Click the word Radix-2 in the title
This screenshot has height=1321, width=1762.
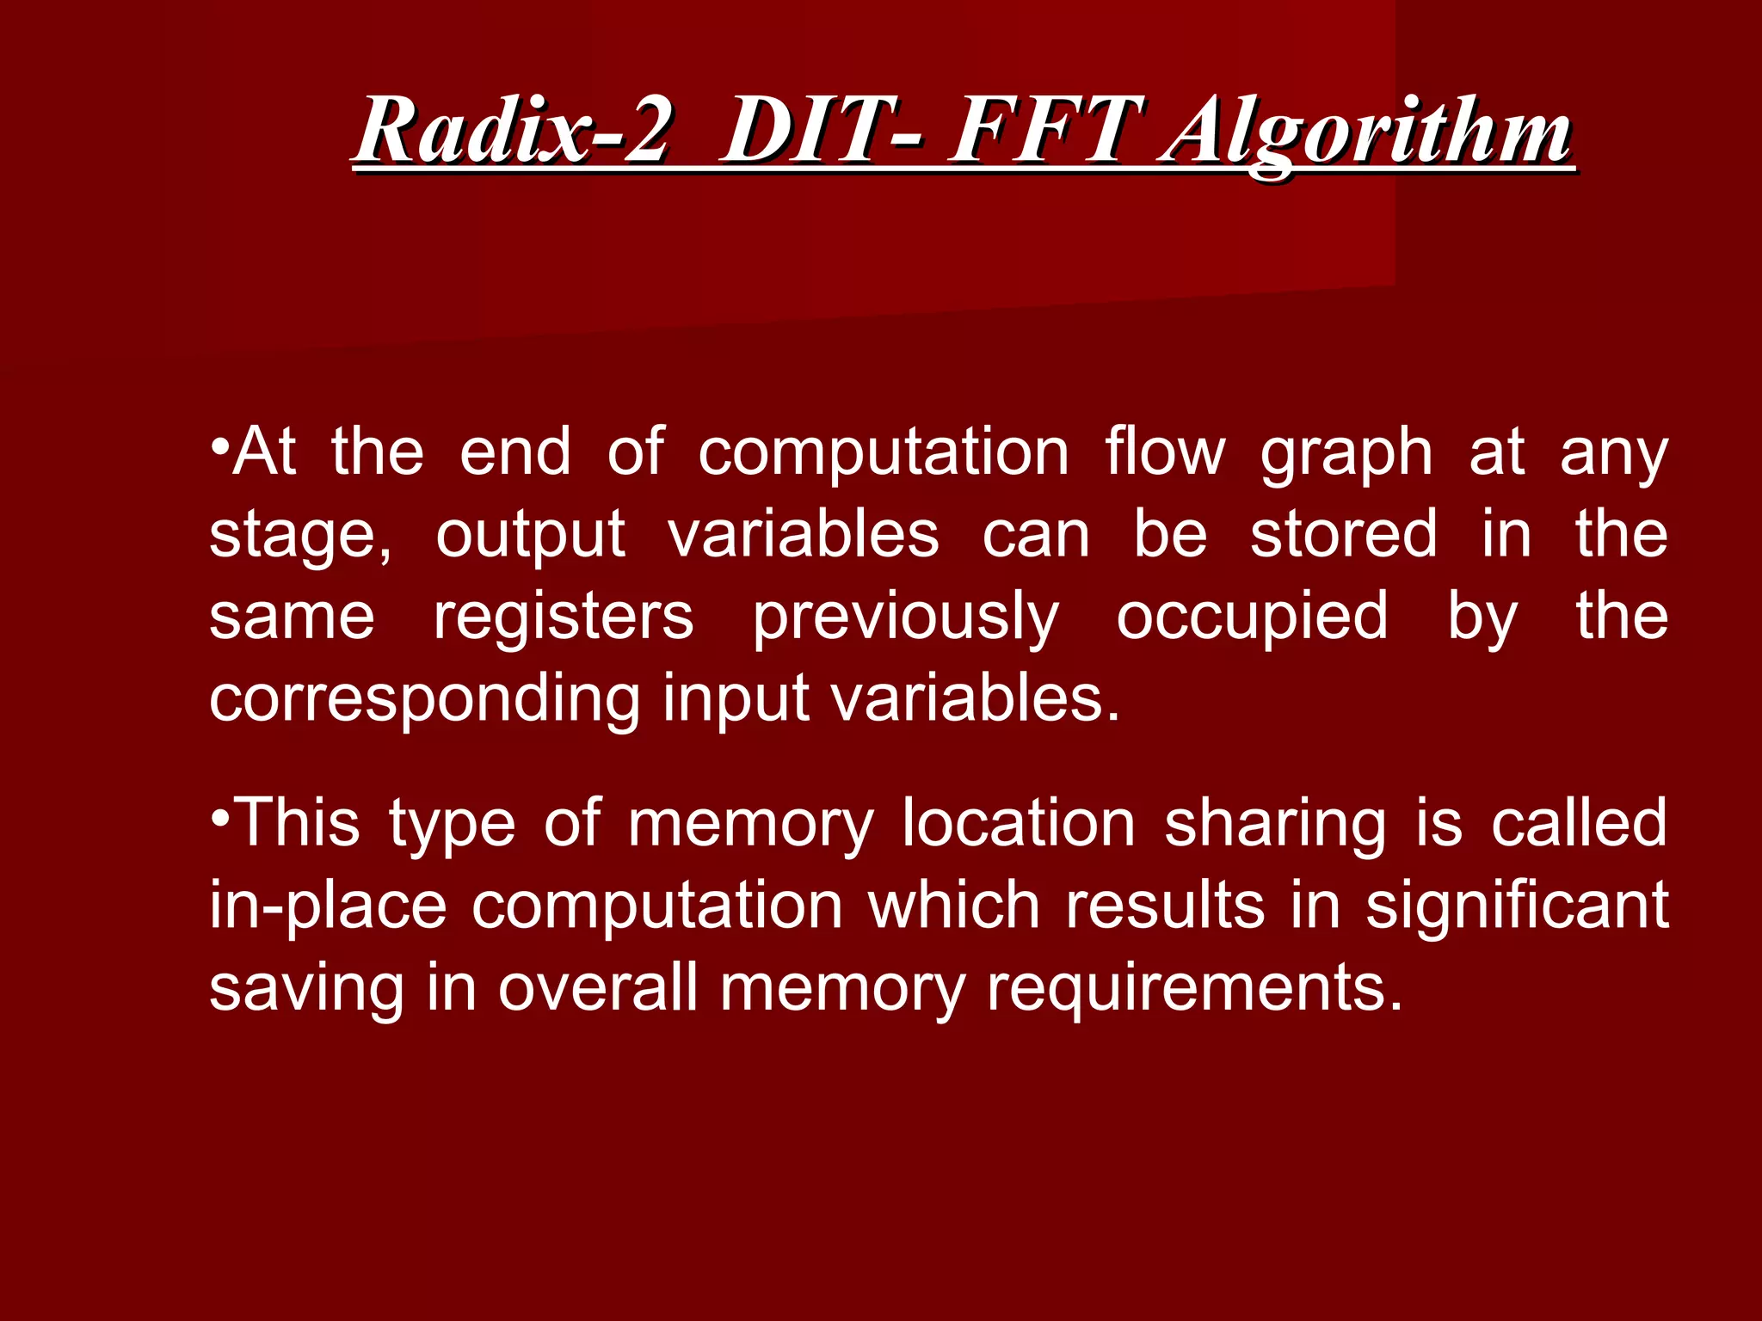point(511,132)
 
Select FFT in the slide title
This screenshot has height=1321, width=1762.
point(1044,132)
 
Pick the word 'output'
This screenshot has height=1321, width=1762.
point(530,535)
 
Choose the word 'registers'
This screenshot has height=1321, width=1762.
point(563,617)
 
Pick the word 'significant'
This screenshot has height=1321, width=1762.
point(1517,906)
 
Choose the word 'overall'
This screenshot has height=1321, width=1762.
point(598,988)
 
